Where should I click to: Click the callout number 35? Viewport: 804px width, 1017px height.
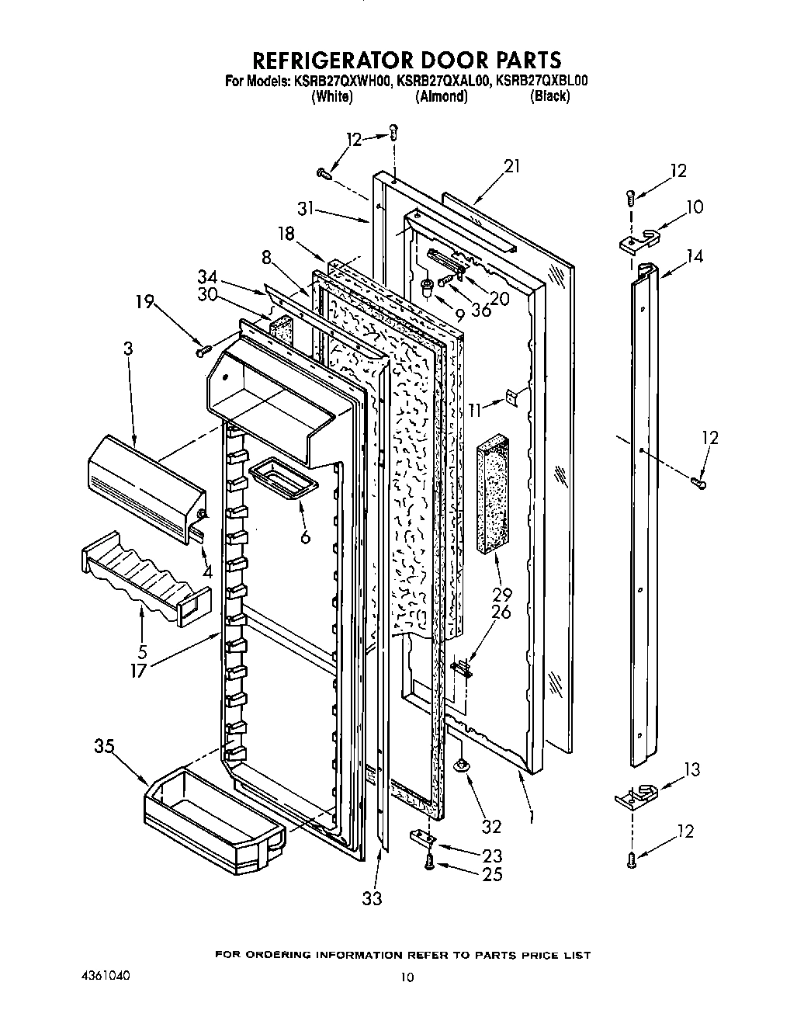(x=104, y=747)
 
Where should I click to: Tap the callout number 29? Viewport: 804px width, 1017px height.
(x=501, y=594)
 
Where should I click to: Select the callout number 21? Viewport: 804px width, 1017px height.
(x=511, y=166)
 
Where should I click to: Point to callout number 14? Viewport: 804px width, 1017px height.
(x=695, y=255)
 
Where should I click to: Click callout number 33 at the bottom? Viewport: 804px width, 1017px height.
(x=373, y=898)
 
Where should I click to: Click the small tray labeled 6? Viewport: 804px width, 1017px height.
(x=282, y=475)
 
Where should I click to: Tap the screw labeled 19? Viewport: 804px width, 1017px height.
(x=205, y=352)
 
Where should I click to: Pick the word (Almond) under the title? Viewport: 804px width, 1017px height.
(x=441, y=97)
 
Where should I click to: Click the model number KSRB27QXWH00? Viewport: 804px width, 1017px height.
(x=343, y=79)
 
